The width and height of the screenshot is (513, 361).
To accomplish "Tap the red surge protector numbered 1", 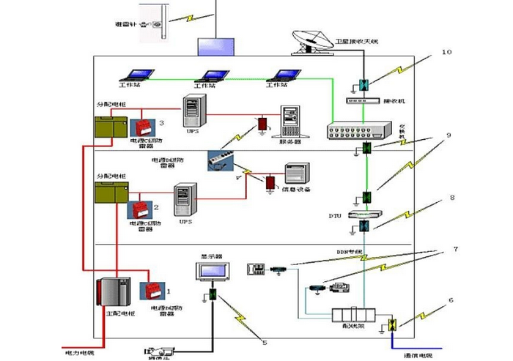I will pyautogui.click(x=158, y=294).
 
